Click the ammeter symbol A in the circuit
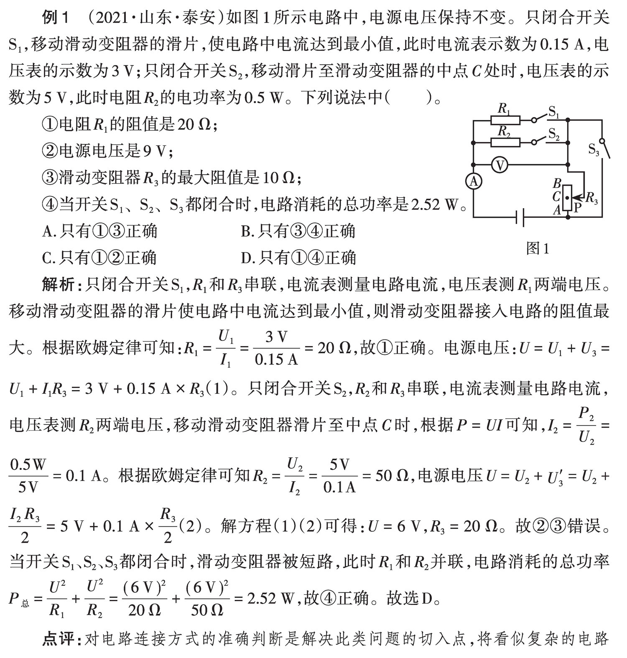[474, 181]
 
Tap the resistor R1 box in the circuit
[505, 120]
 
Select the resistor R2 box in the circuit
[505, 143]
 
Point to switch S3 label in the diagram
[594, 149]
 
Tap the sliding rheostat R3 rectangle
[567, 198]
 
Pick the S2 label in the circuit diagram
[554, 134]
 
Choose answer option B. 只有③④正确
[298, 231]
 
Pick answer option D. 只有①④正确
[298, 257]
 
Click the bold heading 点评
[58, 639]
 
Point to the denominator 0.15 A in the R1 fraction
[276, 359]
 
